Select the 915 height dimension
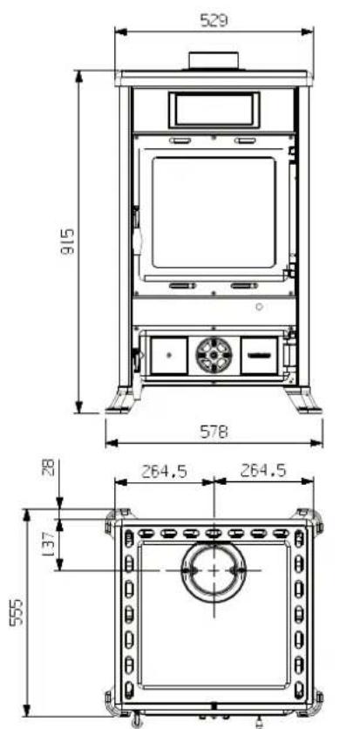click(67, 241)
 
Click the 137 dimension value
click(49, 545)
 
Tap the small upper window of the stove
click(214, 109)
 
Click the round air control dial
click(214, 354)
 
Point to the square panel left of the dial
click(168, 354)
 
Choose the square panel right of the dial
click(260, 354)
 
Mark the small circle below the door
click(260, 308)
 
